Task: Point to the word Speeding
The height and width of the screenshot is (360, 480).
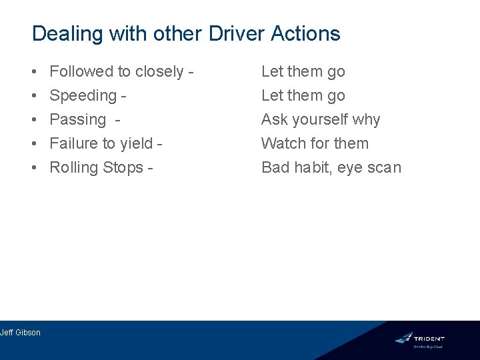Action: (x=83, y=96)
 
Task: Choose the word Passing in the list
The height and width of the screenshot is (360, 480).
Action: (x=78, y=120)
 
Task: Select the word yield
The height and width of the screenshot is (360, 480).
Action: (x=137, y=143)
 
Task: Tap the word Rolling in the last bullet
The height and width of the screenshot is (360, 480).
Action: (x=74, y=167)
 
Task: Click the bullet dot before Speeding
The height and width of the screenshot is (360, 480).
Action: (x=33, y=96)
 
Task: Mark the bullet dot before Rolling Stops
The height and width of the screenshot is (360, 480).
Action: (x=33, y=168)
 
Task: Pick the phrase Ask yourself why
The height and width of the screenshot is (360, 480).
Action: (x=321, y=120)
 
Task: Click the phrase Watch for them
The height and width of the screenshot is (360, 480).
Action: (x=315, y=143)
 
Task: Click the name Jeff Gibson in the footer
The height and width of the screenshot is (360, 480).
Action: (x=20, y=332)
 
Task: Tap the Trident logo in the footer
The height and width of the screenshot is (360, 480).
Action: (x=419, y=339)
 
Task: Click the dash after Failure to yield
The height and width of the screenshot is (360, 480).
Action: (x=160, y=144)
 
